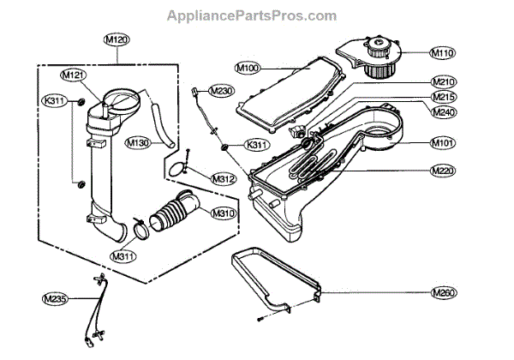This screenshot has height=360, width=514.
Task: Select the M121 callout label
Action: [x=75, y=75]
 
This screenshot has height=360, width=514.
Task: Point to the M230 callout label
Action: [x=221, y=91]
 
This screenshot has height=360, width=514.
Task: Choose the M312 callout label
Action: [x=223, y=178]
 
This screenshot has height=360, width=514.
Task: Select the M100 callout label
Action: [x=248, y=67]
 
